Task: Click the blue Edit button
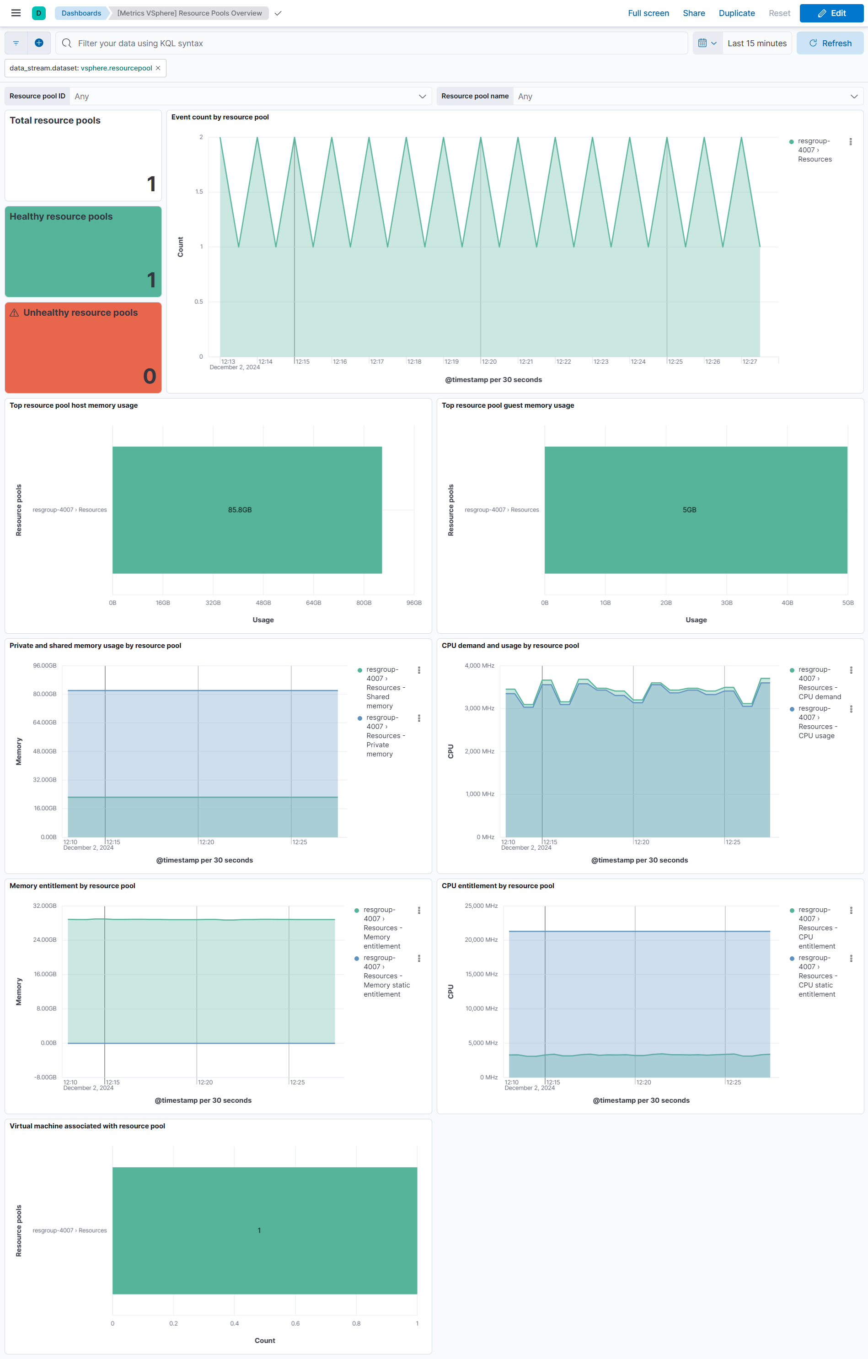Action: [831, 13]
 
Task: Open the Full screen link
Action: [648, 13]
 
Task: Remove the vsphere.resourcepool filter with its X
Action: [158, 68]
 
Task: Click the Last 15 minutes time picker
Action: [756, 43]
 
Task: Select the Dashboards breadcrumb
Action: [81, 13]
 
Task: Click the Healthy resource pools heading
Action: [61, 217]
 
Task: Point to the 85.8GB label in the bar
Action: [240, 510]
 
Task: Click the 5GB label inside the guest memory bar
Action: [689, 510]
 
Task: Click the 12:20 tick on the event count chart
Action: [489, 362]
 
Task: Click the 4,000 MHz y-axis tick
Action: [479, 665]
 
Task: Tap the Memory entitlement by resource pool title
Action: [72, 885]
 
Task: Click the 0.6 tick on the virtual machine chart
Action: [295, 1323]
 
